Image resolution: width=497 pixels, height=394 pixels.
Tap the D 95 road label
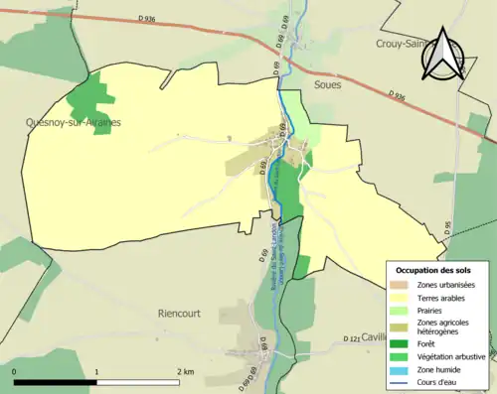pyautogui.click(x=447, y=228)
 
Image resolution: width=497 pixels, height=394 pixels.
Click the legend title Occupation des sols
pyautogui.click(x=435, y=270)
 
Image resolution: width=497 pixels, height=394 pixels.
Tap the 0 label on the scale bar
pyautogui.click(x=15, y=371)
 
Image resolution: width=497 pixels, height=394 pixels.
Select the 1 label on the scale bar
pyautogui.click(x=96, y=371)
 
